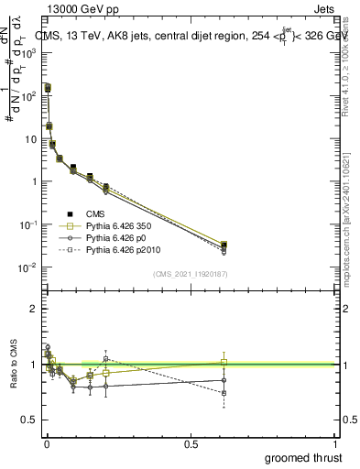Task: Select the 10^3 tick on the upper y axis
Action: point(30,53)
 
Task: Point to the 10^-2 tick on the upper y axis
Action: point(30,267)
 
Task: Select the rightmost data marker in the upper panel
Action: point(224,245)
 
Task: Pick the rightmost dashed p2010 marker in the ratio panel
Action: point(224,393)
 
